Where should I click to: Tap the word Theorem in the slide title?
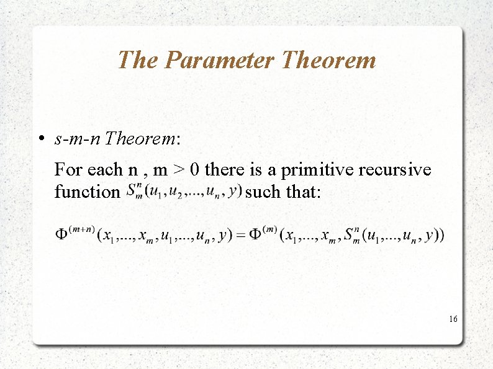pyautogui.click(x=328, y=60)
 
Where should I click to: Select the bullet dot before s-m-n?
pyautogui.click(x=39, y=139)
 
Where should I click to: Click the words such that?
pyautogui.click(x=283, y=192)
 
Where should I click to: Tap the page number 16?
pyautogui.click(x=453, y=319)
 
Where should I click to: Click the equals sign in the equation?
pyautogui.click(x=240, y=235)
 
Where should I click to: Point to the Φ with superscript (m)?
pyautogui.click(x=256, y=235)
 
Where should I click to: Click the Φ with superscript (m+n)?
pyautogui.click(x=63, y=235)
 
